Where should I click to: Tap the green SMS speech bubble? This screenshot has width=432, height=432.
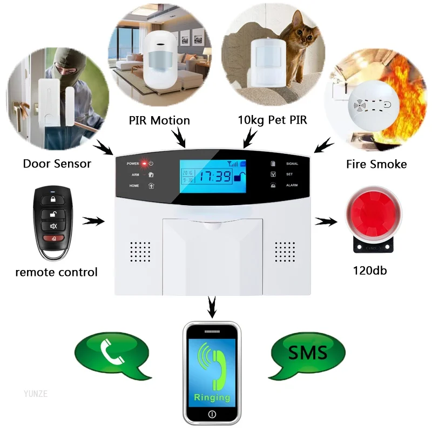(307, 354)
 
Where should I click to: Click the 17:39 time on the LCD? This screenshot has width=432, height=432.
(214, 176)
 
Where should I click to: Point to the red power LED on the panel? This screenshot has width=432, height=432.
(144, 163)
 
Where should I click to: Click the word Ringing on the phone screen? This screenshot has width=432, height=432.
(212, 397)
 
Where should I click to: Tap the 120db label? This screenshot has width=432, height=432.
(370, 271)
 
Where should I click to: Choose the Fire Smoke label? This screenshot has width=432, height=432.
(376, 164)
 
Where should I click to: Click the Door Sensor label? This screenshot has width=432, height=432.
(57, 163)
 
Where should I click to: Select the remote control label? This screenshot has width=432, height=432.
(57, 272)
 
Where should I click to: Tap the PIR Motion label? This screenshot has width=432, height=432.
(159, 120)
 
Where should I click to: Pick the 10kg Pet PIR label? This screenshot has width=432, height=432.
(272, 120)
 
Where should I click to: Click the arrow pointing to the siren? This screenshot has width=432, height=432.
(325, 221)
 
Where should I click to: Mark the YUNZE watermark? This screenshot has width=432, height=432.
(36, 394)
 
